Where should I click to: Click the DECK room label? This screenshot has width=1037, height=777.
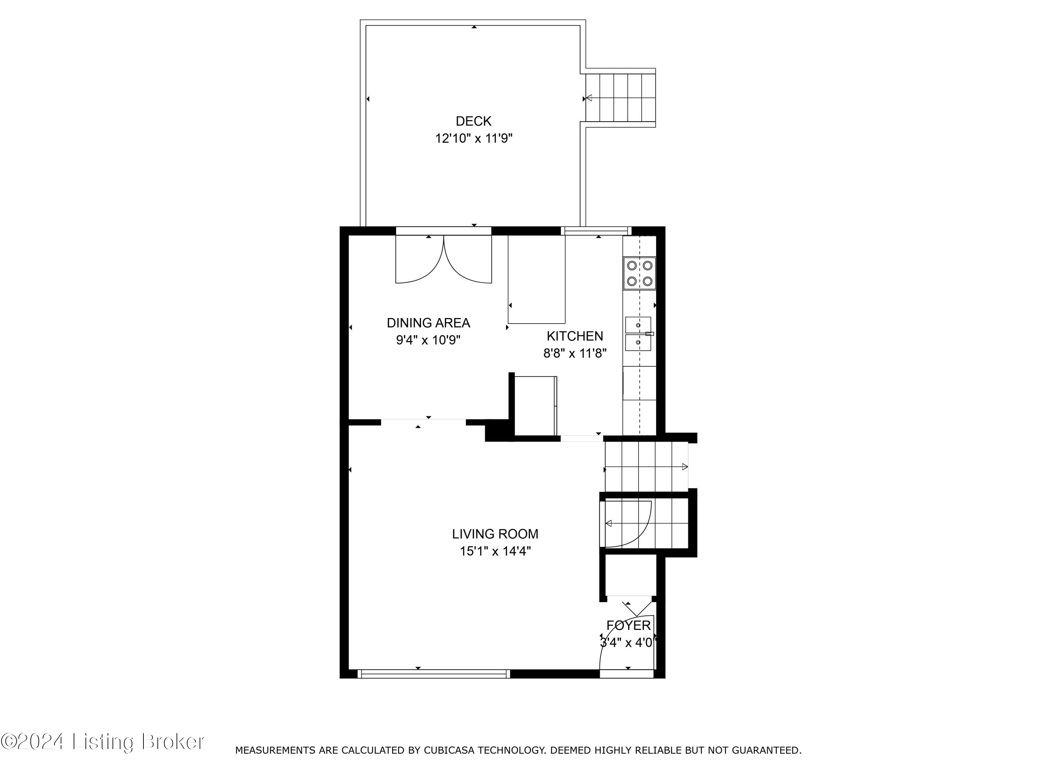tap(474, 121)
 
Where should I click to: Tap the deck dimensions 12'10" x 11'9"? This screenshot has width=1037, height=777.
tap(474, 138)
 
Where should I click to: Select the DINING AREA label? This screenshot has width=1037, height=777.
tap(428, 323)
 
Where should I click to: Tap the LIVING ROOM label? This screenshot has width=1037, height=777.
tap(495, 534)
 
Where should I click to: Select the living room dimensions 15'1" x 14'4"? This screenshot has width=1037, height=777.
tap(495, 551)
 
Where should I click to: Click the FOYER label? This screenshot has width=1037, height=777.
tap(628, 625)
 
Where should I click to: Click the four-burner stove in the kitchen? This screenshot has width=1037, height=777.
tap(639, 274)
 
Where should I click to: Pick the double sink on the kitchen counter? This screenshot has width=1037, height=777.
tap(638, 334)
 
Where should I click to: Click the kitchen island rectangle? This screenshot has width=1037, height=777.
tap(536, 280)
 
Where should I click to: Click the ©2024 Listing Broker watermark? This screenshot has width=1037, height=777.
tap(102, 742)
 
